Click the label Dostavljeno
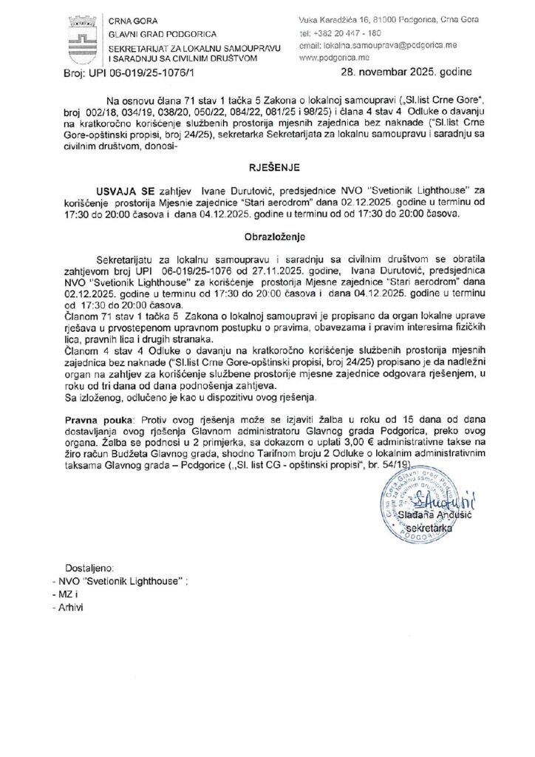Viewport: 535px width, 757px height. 88,568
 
